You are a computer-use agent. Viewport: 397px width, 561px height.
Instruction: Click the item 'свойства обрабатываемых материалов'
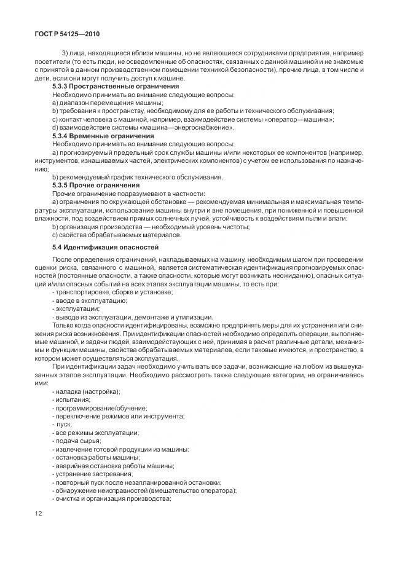[109, 234]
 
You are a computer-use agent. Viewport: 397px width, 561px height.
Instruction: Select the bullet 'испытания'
[73, 399]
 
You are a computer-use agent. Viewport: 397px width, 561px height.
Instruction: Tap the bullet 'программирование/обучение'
[100, 407]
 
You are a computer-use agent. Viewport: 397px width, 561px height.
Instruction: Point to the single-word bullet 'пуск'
[64, 425]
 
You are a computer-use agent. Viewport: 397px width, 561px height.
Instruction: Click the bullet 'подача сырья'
[77, 441]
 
